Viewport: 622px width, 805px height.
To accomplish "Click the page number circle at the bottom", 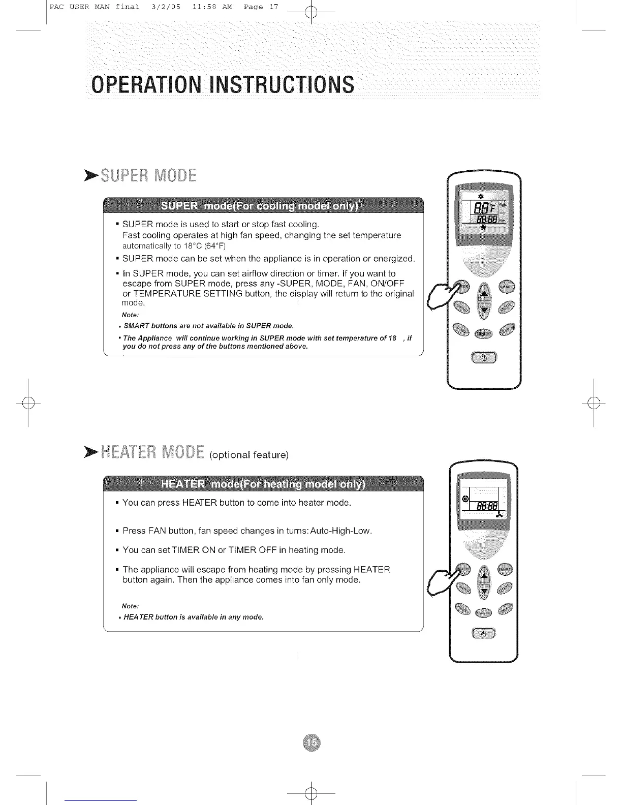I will (x=311, y=743).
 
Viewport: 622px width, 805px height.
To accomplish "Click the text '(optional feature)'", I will (x=249, y=454).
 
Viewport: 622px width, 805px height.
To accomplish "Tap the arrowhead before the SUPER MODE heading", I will (x=92, y=176).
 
